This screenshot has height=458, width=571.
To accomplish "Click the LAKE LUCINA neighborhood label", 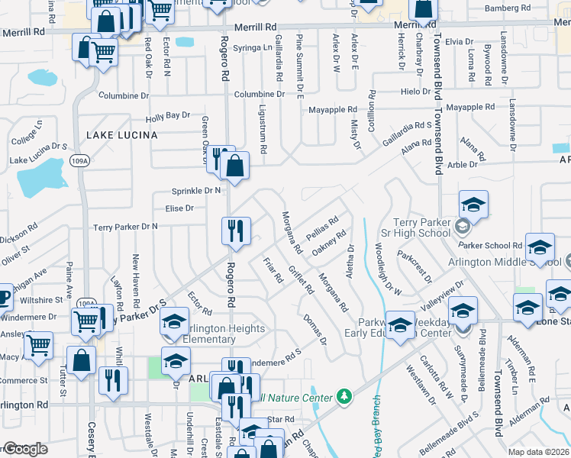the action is coord(121,135).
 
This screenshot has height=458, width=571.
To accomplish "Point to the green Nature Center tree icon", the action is coord(345,397).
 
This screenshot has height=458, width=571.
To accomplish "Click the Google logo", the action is coord(25,449).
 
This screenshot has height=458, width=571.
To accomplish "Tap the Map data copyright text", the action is coord(538,452).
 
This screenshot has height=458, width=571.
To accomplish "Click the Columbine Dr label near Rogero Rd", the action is coord(259,94).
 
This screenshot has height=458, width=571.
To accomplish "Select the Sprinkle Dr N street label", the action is coord(197,190).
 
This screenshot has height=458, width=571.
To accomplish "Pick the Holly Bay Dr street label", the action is coord(167,116).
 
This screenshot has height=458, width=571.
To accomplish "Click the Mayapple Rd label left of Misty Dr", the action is coord(333,110).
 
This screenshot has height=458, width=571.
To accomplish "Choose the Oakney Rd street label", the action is coord(330,242).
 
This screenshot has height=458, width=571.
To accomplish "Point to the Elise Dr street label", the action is coord(179,208).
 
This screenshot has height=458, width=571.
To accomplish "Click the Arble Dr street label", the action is coord(462,163).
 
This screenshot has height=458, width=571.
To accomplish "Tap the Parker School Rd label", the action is coord(495,246).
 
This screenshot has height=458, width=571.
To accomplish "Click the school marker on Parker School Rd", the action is coord(540,247).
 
